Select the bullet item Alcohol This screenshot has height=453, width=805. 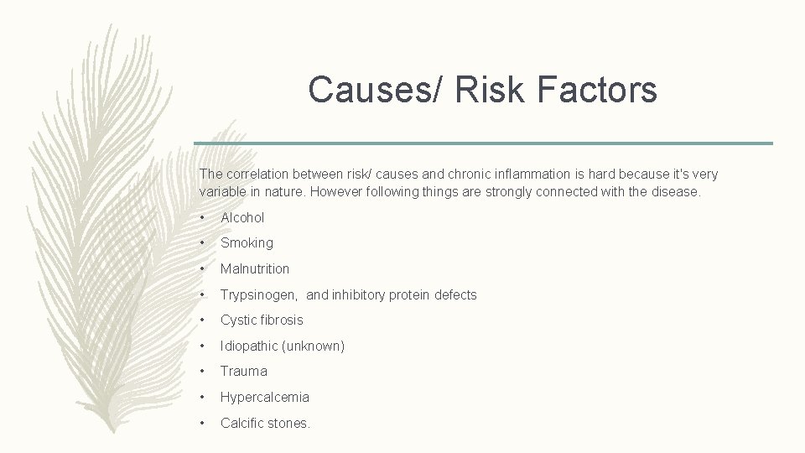click(242, 217)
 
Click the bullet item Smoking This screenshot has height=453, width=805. click(247, 242)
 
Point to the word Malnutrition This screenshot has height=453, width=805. click(255, 268)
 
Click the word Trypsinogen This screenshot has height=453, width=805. click(260, 294)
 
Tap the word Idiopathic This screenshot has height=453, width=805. click(250, 346)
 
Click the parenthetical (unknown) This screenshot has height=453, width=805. click(314, 346)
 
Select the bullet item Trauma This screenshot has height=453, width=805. click(244, 371)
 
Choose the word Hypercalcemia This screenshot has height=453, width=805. click(265, 397)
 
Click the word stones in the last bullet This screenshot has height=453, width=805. click(289, 423)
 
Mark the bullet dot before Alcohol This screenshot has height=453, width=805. click(203, 218)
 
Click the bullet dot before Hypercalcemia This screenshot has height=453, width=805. click(203, 398)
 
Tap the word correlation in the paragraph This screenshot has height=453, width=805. click(255, 174)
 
